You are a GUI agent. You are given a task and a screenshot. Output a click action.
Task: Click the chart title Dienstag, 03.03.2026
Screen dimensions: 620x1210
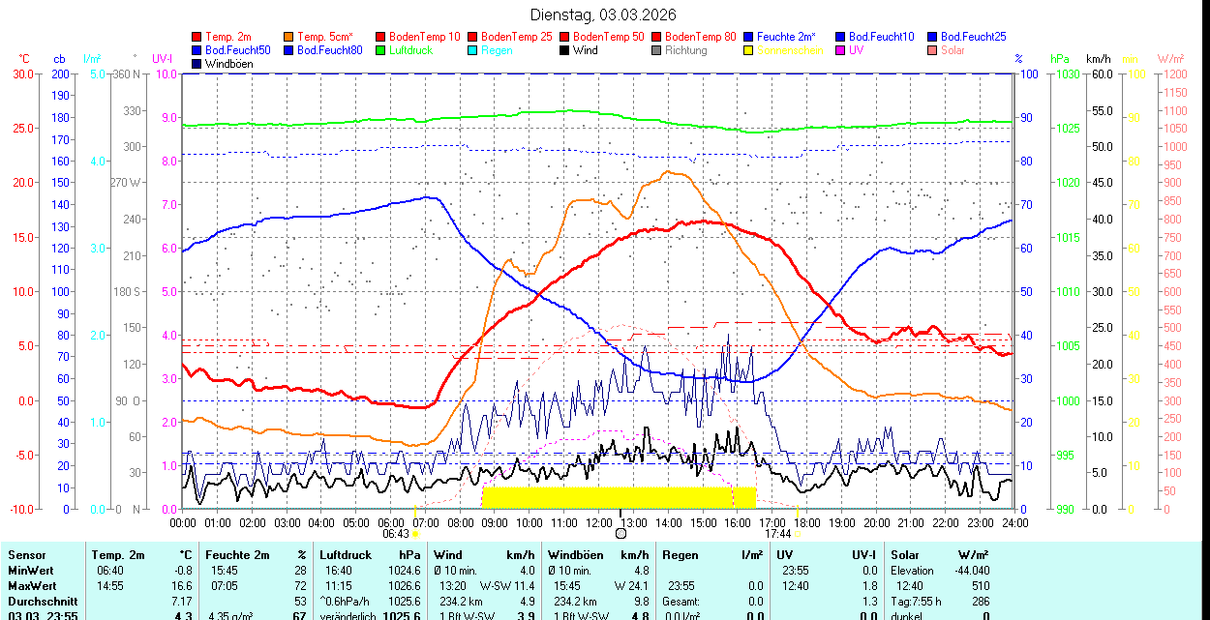(x=603, y=15)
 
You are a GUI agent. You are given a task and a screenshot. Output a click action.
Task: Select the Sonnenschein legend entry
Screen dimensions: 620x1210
(x=790, y=50)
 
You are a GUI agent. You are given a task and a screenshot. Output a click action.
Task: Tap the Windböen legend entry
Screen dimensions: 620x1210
(x=228, y=64)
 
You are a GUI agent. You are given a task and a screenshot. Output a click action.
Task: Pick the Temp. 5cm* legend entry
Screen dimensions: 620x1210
(x=324, y=37)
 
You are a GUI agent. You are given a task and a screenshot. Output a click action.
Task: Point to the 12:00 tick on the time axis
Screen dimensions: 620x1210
(x=598, y=523)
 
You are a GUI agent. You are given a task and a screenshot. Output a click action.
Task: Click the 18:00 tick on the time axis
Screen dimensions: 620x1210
(x=806, y=523)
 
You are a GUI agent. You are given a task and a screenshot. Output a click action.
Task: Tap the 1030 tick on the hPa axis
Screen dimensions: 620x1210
(x=1067, y=74)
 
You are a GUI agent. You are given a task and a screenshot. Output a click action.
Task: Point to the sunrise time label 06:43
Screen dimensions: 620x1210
(x=395, y=533)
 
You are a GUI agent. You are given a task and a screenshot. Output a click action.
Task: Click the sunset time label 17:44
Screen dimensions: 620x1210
(x=778, y=533)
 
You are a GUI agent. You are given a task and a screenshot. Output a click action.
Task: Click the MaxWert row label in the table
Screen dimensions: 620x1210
(x=33, y=586)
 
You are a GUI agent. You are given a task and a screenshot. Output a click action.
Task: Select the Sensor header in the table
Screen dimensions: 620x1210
(x=27, y=555)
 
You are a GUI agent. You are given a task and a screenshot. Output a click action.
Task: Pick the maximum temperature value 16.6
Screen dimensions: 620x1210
(x=182, y=586)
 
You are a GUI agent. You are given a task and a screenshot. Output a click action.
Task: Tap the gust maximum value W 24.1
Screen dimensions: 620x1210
(x=631, y=586)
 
